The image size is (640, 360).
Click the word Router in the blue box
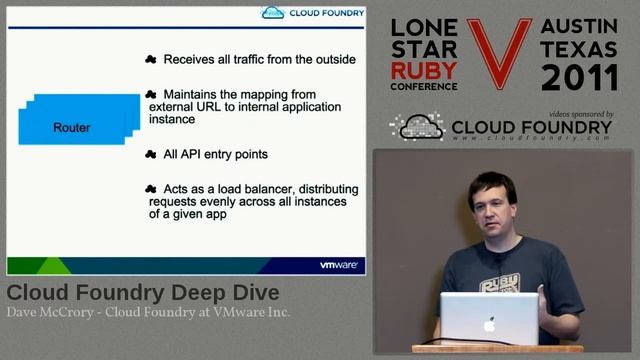71,128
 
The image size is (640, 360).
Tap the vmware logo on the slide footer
339,265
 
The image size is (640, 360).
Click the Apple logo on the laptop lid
489,324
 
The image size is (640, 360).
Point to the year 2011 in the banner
578,78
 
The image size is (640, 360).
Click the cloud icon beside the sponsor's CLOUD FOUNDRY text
416,127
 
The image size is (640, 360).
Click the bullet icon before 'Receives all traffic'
151,59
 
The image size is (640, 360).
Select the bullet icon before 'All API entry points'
151,154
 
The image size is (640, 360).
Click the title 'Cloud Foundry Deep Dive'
143,293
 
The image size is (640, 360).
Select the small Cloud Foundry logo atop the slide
311,12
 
